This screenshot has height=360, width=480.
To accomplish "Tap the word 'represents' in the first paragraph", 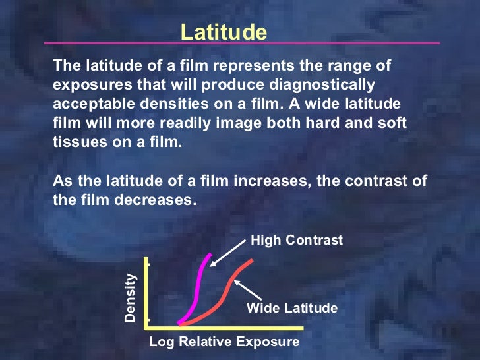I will tap(240, 66).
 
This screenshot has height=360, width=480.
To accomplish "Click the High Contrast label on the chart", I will tap(297, 241).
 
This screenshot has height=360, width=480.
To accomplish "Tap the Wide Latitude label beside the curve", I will tap(292, 308).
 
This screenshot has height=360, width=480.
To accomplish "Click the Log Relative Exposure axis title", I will tap(224, 342).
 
